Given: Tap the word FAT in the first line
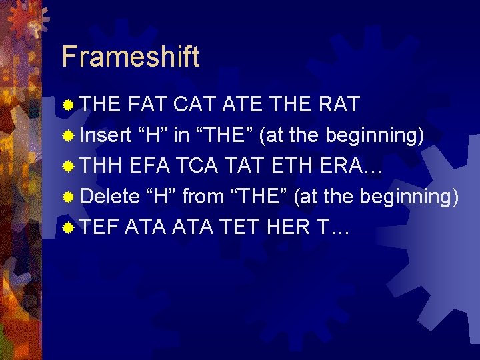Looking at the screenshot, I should [147, 105].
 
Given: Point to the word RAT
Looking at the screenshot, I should [339, 105].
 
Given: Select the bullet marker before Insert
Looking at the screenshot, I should [68, 136].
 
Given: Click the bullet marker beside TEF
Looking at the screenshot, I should [68, 228].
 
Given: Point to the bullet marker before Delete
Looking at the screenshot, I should [68, 197].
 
